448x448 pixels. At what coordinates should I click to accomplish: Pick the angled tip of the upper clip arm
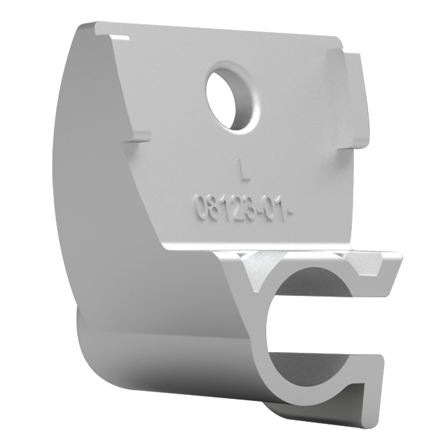(396, 273)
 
